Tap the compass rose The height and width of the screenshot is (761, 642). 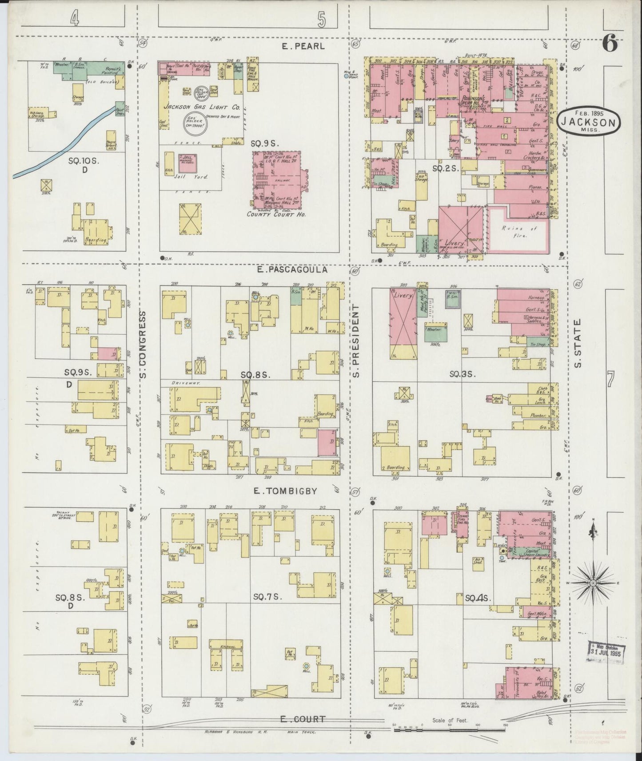point(592,583)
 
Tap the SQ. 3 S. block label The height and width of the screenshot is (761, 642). point(463,374)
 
